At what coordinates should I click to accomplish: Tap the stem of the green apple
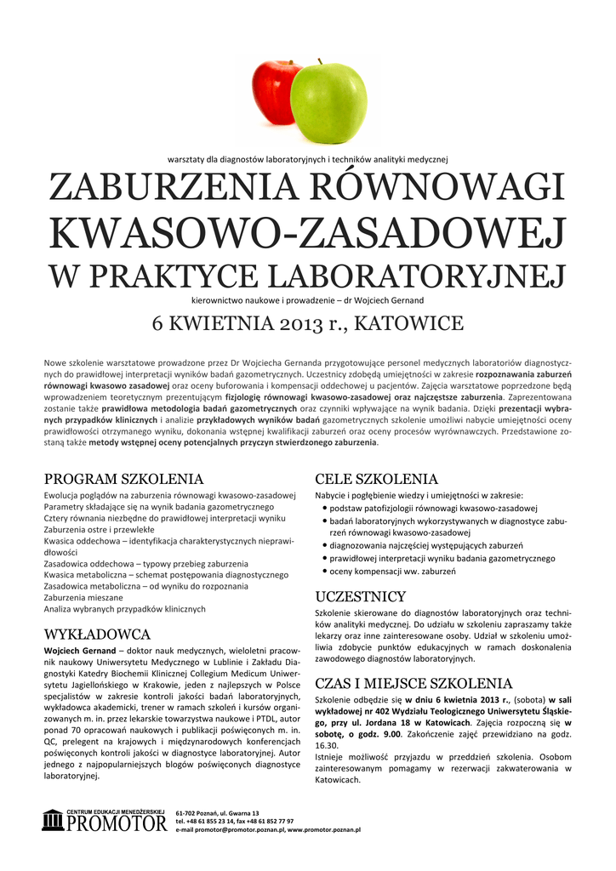pos(319,62)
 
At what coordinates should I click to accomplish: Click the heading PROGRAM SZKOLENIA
pos(123,479)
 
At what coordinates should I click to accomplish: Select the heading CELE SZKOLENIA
pos(376,479)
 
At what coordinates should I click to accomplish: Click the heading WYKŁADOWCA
pos(97,635)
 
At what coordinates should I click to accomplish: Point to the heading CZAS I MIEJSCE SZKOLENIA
pos(414,683)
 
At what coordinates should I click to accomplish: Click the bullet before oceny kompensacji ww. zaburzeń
pos(326,573)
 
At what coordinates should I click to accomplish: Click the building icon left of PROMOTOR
pos(53,821)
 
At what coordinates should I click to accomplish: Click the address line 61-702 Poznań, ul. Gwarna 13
pos(217,814)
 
